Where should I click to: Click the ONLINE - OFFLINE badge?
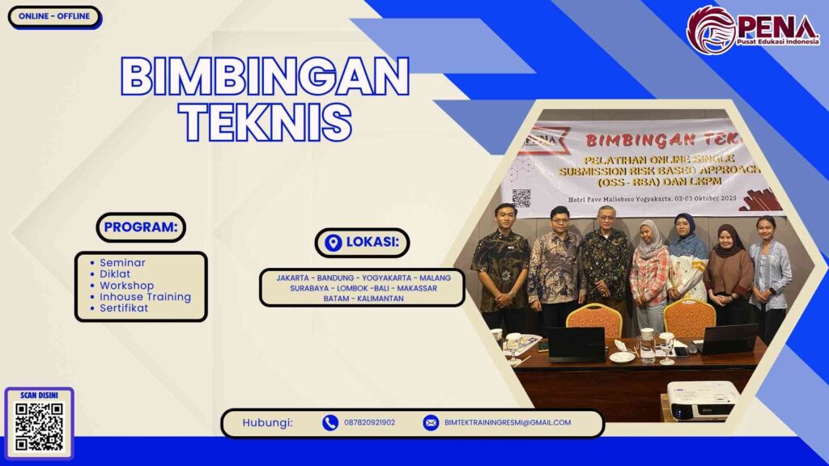pyautogui.click(x=54, y=16)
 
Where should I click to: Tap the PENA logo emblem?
pyautogui.click(x=712, y=30)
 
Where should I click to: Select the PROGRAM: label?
pyautogui.click(x=141, y=227)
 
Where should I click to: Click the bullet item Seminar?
pyautogui.click(x=123, y=263)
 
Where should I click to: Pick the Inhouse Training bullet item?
pyautogui.click(x=146, y=297)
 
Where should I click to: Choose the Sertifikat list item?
pyautogui.click(x=125, y=308)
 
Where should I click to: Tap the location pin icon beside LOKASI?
pyautogui.click(x=333, y=243)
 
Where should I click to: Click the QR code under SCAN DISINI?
pyautogui.click(x=39, y=426)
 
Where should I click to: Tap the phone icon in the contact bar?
pyautogui.click(x=330, y=422)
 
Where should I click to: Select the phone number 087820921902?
pyautogui.click(x=369, y=422)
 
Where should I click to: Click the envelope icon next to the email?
pyautogui.click(x=431, y=422)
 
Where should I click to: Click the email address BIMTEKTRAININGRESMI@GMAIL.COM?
pyautogui.click(x=508, y=422)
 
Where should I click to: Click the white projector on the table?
pyautogui.click(x=701, y=399)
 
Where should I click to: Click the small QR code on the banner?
pyautogui.click(x=521, y=197)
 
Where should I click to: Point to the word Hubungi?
pyautogui.click(x=267, y=422)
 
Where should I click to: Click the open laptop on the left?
pyautogui.click(x=576, y=344)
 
